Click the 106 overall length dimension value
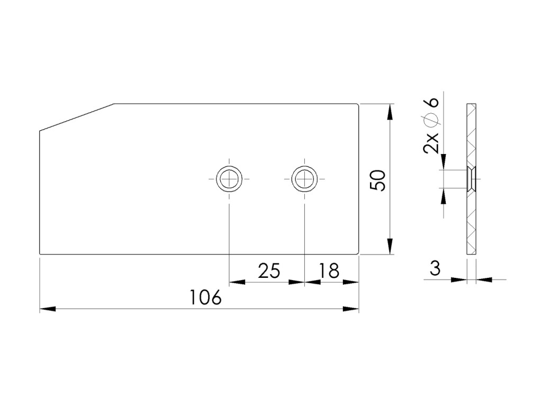click(205, 297)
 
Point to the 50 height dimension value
click(377, 180)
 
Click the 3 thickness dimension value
click(435, 268)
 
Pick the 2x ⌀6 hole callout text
click(431, 125)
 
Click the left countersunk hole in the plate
click(229, 179)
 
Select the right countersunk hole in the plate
click(304, 179)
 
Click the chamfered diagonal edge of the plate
click(77, 117)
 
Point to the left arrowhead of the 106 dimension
click(48, 309)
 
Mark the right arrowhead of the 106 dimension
click(351, 309)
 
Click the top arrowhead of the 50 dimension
click(390, 112)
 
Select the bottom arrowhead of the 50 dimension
click(390, 246)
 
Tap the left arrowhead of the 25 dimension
click(237, 282)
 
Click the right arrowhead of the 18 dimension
click(351, 282)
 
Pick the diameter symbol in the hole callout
click(431, 120)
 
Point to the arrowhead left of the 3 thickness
click(459, 279)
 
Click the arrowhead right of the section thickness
click(484, 279)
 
